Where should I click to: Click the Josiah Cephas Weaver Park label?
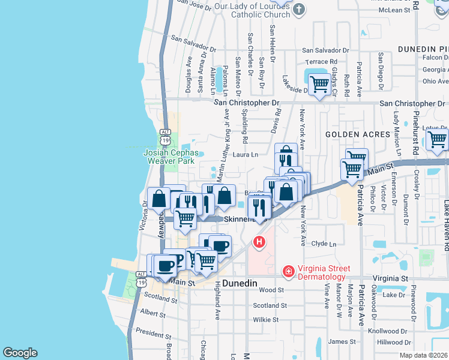pos(170,157)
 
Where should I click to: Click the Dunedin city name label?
pos(240,283)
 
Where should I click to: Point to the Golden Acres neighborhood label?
pos(358,134)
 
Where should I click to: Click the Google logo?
pos(20,353)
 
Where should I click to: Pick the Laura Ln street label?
pos(246,154)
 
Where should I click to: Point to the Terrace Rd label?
pos(321,62)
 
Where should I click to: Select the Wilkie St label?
pos(266,320)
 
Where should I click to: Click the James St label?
pos(342,341)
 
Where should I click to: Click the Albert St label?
pos(152,314)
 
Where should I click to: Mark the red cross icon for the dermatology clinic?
pos(288,272)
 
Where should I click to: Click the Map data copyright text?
pos(425,355)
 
